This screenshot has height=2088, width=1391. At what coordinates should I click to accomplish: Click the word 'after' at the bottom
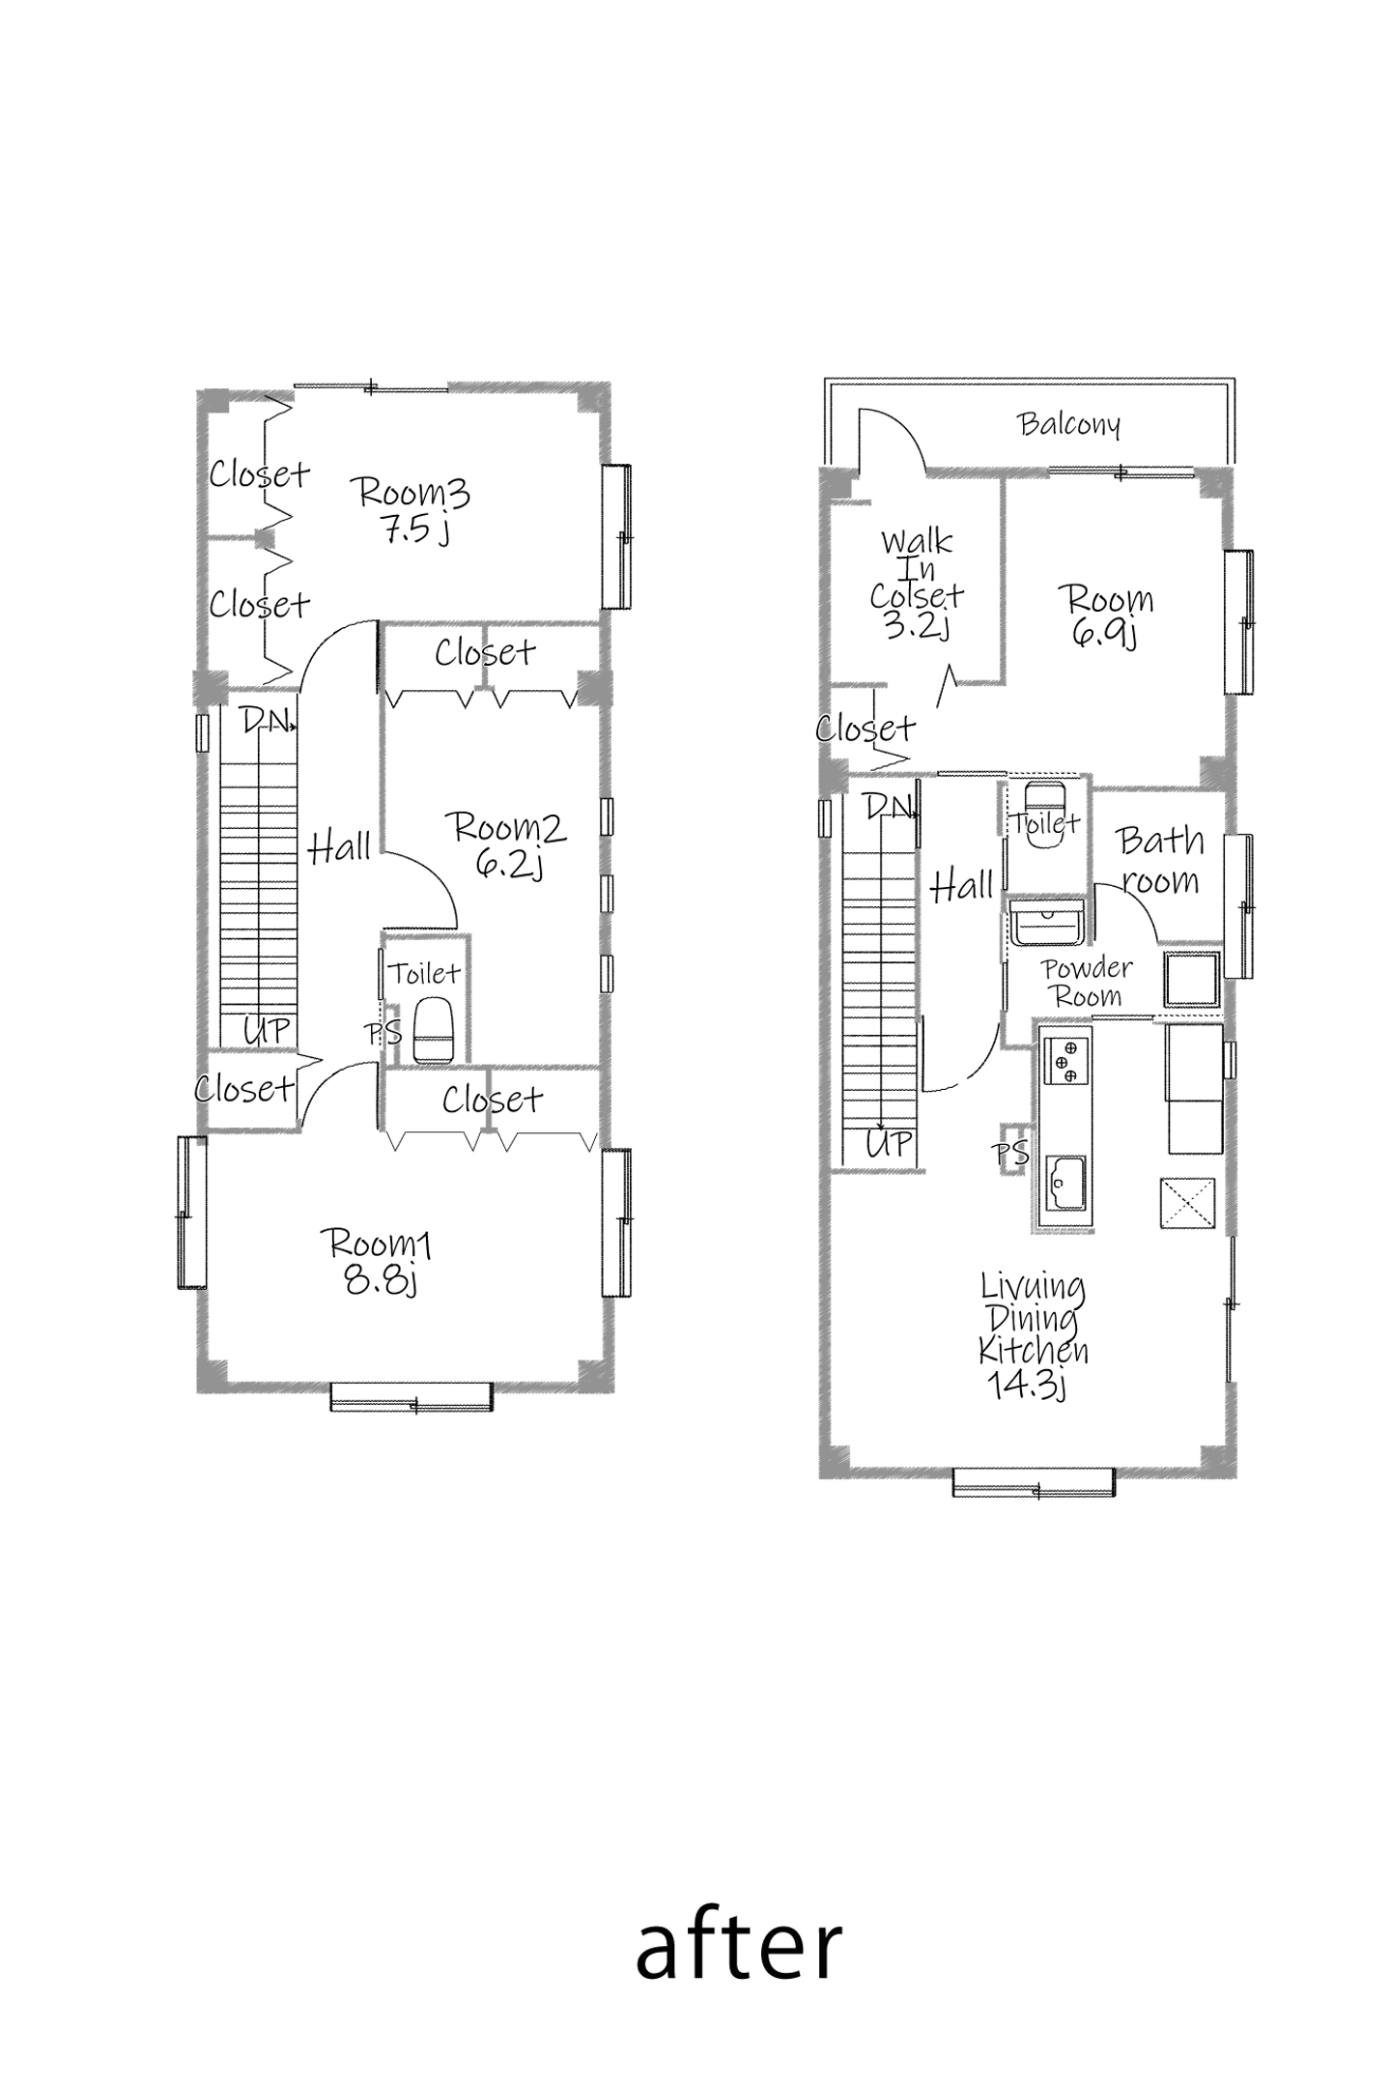pyautogui.click(x=739, y=1949)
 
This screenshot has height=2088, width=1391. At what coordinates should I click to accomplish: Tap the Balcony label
pyautogui.click(x=1069, y=424)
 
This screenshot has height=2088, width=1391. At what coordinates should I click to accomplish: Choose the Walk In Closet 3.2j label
pyautogui.click(x=917, y=584)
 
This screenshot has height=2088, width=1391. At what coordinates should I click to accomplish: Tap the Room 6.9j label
pyautogui.click(x=1109, y=615)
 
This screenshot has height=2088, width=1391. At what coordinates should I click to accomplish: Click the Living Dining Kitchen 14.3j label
pyautogui.click(x=1033, y=1336)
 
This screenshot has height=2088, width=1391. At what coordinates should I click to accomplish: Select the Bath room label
pyautogui.click(x=1160, y=860)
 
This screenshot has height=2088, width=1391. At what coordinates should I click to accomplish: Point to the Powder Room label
pyautogui.click(x=1088, y=982)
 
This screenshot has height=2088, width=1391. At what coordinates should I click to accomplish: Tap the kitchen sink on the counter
pyautogui.click(x=1065, y=1183)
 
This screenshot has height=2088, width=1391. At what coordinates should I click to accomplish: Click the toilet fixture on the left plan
pyautogui.click(x=433, y=1031)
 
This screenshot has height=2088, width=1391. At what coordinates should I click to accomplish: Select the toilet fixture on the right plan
pyautogui.click(x=1043, y=814)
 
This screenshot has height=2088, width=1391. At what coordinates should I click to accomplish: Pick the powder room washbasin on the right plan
pyautogui.click(x=1048, y=922)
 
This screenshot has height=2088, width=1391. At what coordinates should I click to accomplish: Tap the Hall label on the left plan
pyautogui.click(x=340, y=847)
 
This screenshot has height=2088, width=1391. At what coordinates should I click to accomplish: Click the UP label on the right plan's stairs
pyautogui.click(x=889, y=1144)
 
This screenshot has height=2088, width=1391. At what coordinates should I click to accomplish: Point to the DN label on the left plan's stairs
pyautogui.click(x=265, y=720)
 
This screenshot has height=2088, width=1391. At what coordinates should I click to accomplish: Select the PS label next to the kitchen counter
pyautogui.click(x=1011, y=1153)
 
